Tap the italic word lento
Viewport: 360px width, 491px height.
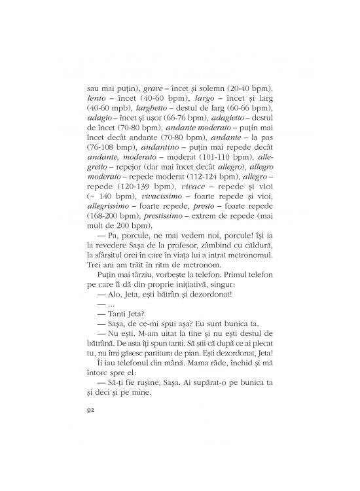pyautogui.click(x=98, y=98)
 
